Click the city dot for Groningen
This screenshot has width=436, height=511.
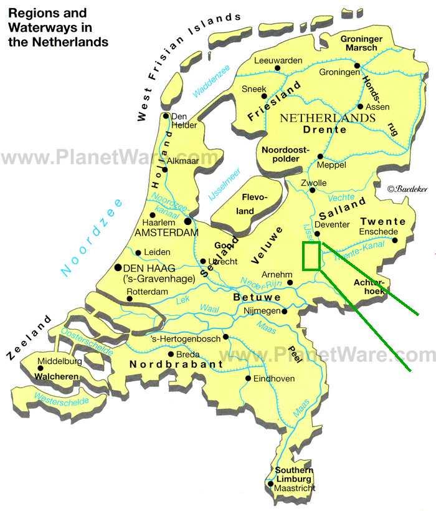(357, 65)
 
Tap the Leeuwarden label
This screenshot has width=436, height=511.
(278, 60)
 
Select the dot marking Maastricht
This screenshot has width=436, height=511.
(270, 483)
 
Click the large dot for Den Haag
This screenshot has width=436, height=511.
(118, 267)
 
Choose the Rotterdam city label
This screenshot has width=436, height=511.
(148, 291)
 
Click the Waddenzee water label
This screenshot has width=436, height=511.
(211, 82)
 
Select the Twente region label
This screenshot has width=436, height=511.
(382, 221)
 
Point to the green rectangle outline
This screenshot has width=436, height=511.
(311, 256)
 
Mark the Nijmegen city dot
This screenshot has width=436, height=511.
(284, 311)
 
